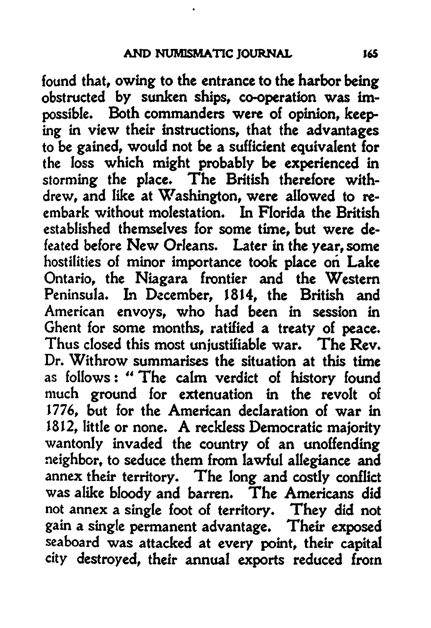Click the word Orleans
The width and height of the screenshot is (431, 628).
187,246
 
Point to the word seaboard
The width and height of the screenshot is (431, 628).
72,543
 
